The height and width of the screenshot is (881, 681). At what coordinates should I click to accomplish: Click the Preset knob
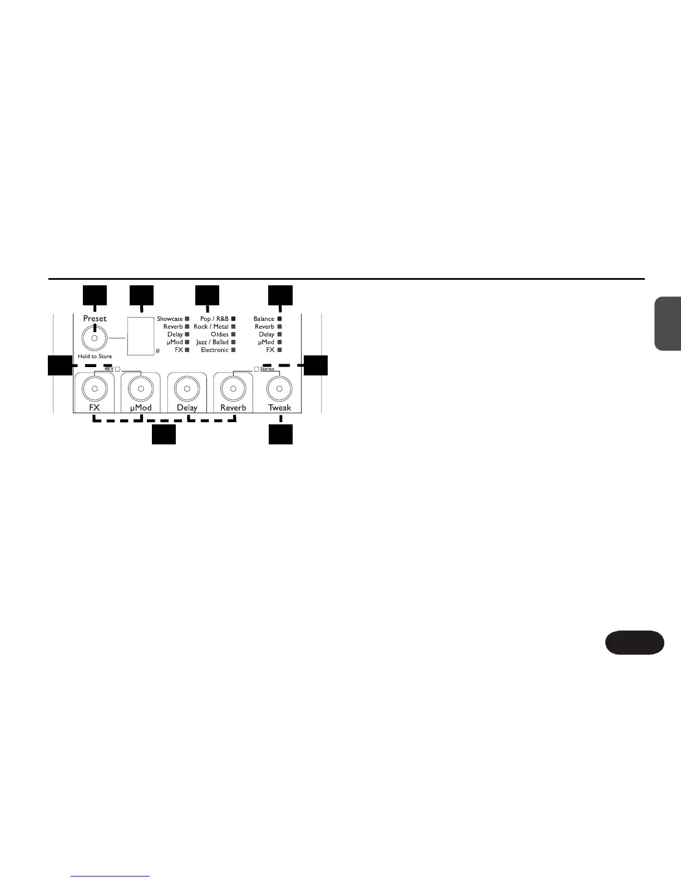[x=95, y=338]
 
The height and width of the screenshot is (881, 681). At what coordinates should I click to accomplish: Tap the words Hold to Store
[x=95, y=357]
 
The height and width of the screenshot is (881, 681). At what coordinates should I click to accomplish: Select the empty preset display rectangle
[x=141, y=335]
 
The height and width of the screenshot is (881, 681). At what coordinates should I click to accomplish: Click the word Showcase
[x=170, y=319]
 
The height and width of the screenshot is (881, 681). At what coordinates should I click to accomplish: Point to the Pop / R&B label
[x=214, y=319]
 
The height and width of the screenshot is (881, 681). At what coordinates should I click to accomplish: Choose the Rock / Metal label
[x=211, y=327]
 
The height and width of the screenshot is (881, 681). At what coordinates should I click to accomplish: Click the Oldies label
[x=219, y=335]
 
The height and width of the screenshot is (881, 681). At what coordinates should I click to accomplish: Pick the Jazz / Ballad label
[x=212, y=343]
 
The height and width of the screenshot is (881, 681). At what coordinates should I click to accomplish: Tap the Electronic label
[x=215, y=350]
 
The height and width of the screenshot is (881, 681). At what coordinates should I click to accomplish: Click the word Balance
[x=264, y=319]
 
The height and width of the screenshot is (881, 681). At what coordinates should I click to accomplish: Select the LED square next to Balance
[x=279, y=319]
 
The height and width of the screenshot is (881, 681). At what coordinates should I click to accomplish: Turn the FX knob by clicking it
[x=95, y=388]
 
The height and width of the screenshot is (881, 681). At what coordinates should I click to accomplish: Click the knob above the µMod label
[x=141, y=388]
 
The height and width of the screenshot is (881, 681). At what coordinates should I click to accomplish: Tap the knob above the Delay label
[x=187, y=388]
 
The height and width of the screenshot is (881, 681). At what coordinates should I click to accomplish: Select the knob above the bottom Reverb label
[x=234, y=388]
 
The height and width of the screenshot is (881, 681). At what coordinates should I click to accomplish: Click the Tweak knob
[x=280, y=388]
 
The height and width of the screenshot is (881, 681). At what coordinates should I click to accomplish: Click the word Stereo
[x=267, y=369]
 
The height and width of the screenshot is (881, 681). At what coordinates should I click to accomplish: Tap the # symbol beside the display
[x=157, y=351]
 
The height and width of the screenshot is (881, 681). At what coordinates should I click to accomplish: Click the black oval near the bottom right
[x=634, y=642]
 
